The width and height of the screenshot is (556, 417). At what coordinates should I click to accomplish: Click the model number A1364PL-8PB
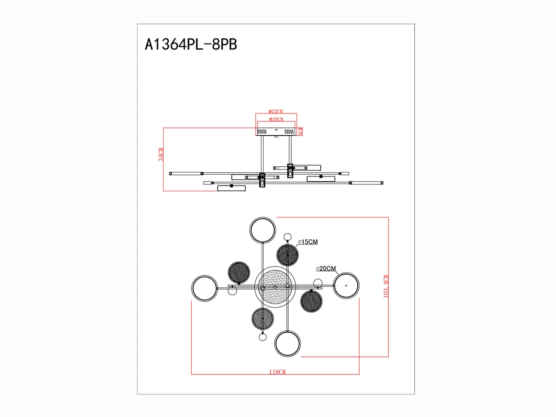click(191, 44)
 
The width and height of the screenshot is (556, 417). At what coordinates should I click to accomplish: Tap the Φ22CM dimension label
click(276, 111)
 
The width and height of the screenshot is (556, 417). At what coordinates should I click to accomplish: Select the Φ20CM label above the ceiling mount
click(276, 119)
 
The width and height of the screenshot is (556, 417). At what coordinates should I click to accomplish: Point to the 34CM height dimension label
click(161, 154)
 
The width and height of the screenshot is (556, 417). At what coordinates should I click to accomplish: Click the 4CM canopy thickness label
click(300, 132)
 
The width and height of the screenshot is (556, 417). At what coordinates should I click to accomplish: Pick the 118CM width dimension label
click(277, 372)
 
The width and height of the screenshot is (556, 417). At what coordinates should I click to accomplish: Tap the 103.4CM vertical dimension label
click(386, 286)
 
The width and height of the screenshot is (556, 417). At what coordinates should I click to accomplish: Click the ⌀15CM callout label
click(308, 242)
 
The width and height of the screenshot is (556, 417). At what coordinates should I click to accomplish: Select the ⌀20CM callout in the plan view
click(326, 268)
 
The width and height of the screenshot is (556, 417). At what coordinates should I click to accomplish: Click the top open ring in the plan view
click(262, 217)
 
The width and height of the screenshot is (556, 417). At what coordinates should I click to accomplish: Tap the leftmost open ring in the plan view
click(192, 288)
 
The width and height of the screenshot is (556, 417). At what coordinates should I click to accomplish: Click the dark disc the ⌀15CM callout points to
click(287, 255)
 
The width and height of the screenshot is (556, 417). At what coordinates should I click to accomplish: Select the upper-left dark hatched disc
click(239, 272)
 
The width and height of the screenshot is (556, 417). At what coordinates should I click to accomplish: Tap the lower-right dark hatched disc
click(311, 301)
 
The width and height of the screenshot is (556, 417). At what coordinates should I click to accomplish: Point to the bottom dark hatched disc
click(263, 319)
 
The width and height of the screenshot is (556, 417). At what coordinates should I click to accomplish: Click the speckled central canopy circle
click(275, 287)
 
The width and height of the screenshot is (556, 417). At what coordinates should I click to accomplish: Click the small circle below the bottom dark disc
click(263, 337)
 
